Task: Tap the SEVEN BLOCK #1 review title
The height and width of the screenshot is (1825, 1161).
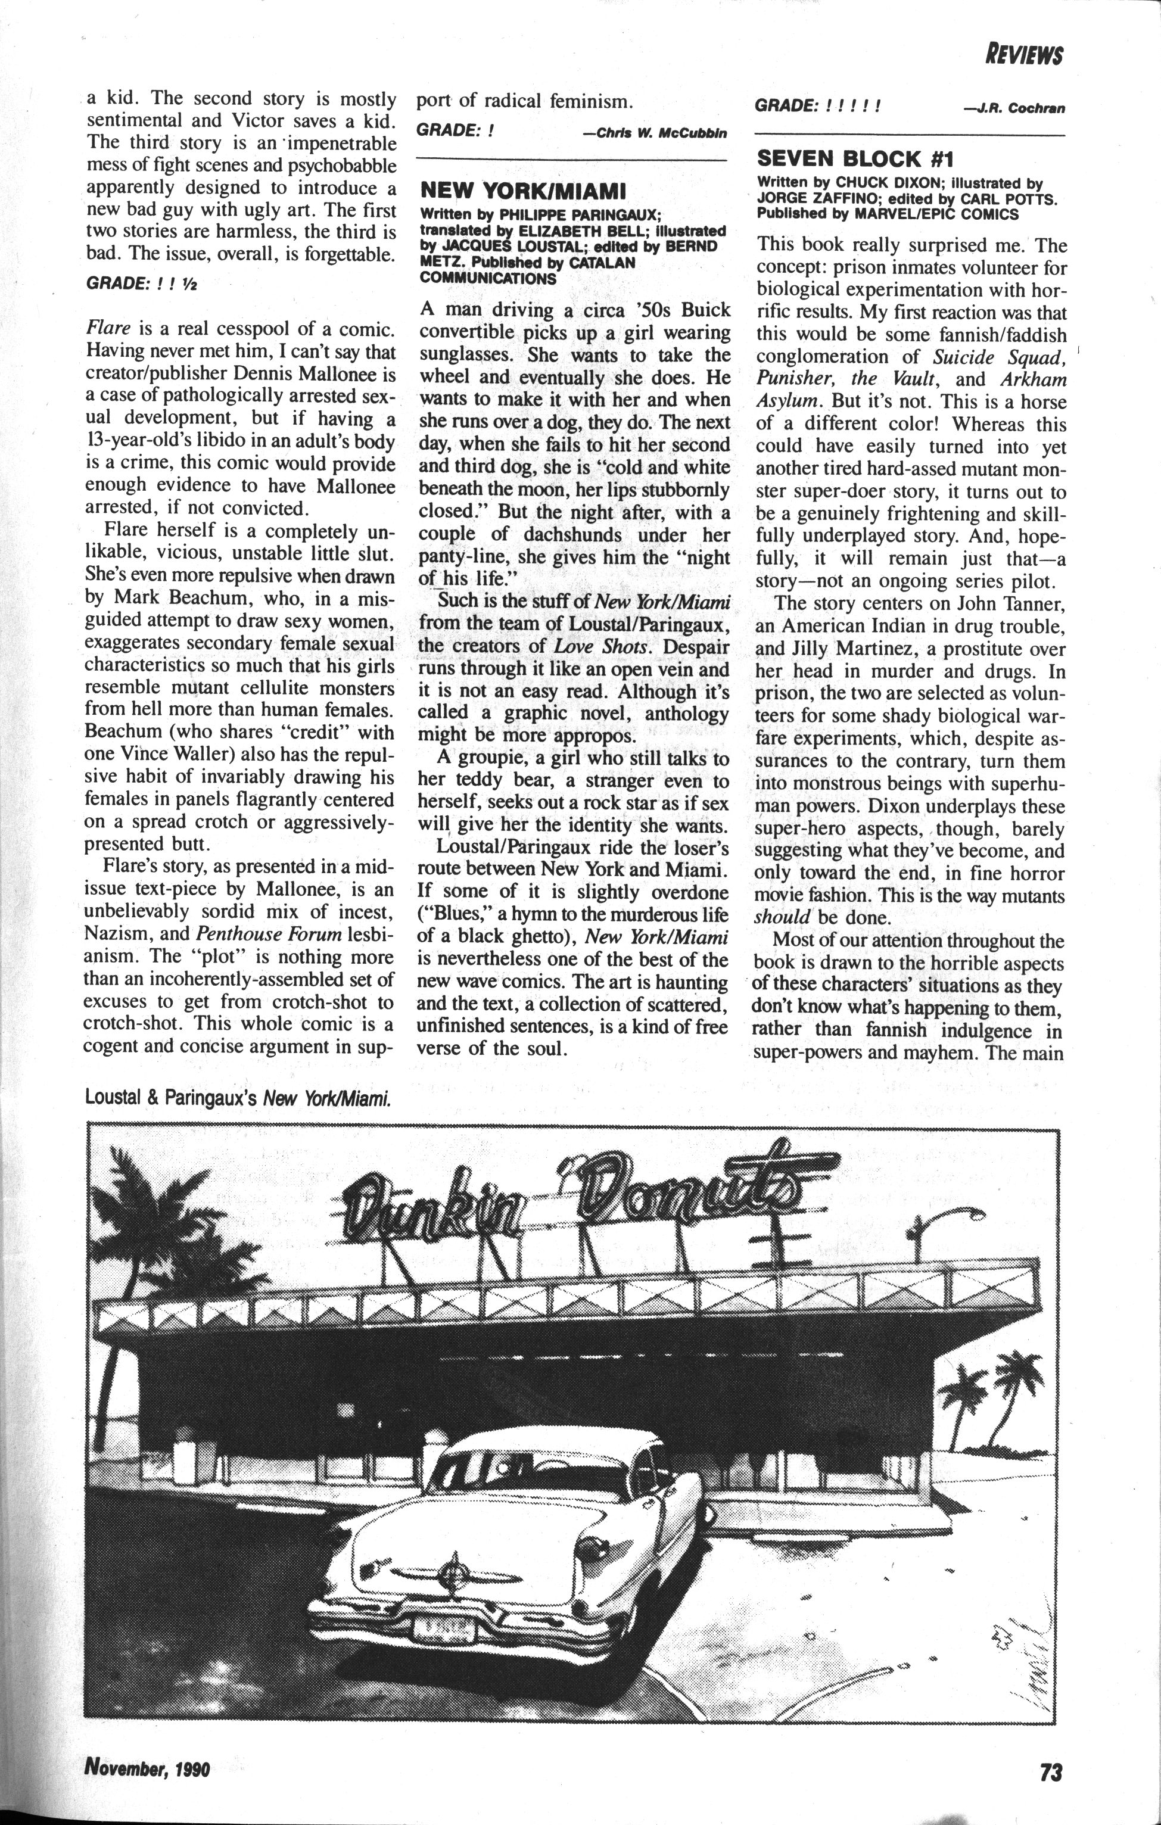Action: coord(855,158)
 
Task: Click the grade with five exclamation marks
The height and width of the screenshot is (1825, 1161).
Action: coord(818,105)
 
